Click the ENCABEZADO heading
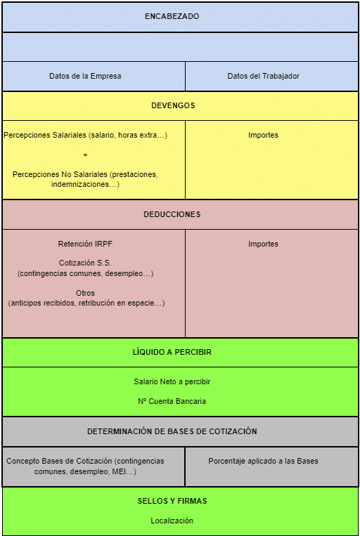pos(172,16)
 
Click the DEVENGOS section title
pos(173,105)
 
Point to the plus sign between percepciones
pos(85,155)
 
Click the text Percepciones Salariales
pos(45,135)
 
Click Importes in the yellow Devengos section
pos(263,135)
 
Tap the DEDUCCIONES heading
pos(172,215)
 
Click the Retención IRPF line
pos(85,244)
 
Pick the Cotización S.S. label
pos(85,263)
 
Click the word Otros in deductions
pos(85,293)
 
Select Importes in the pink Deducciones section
pos(263,244)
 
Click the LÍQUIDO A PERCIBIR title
pos(172,352)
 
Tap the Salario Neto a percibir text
pos(172,381)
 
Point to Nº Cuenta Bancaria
pos(172,401)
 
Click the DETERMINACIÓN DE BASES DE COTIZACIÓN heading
pos(172,431)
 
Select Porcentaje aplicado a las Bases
pos(263,461)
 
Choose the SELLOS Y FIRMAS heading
pos(172,501)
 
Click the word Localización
pos(172,521)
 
